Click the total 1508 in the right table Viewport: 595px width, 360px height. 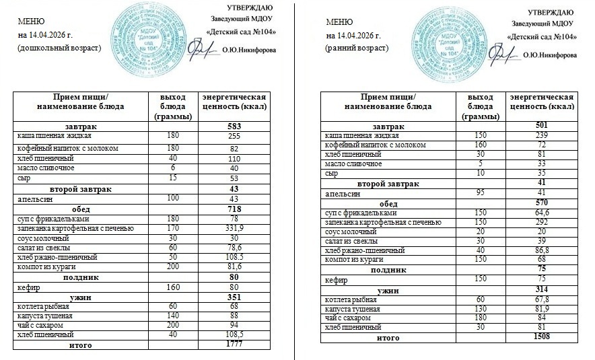(539, 336)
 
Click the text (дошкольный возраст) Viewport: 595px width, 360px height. (59, 48)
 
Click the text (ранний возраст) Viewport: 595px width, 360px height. (356, 48)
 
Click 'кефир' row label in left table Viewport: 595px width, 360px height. (26, 287)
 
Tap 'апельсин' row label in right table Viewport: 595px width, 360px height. (341, 193)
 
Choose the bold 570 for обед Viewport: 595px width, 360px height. (539, 203)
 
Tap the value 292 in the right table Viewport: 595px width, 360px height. (539, 222)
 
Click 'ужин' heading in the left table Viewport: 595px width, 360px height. (81, 296)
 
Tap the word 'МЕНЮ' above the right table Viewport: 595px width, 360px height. (338, 22)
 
